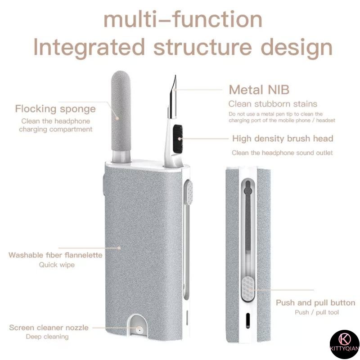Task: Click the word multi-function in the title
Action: pos(182,20)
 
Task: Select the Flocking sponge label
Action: pos(55,108)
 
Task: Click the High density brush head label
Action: pos(283,138)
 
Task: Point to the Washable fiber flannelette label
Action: pos(55,255)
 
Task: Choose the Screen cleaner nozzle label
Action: pos(49,327)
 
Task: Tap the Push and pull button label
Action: pos(315,302)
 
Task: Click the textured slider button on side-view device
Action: pos(247,288)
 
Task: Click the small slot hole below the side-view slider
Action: pos(247,321)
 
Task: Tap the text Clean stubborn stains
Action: pos(273,104)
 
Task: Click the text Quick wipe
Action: pos(57,265)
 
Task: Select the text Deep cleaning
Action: pos(47,337)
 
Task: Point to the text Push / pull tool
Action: pos(317,312)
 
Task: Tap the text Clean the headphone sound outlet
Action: pos(282,153)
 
